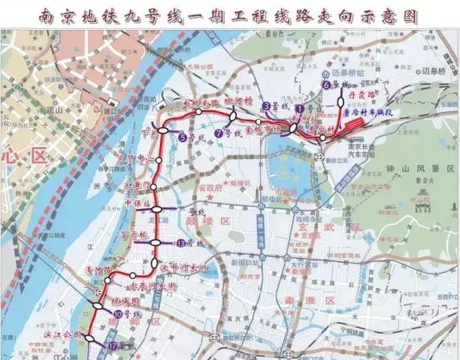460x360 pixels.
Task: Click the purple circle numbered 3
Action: [266, 106]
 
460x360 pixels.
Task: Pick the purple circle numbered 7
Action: [218, 133]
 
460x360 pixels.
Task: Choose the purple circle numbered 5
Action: [182, 138]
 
